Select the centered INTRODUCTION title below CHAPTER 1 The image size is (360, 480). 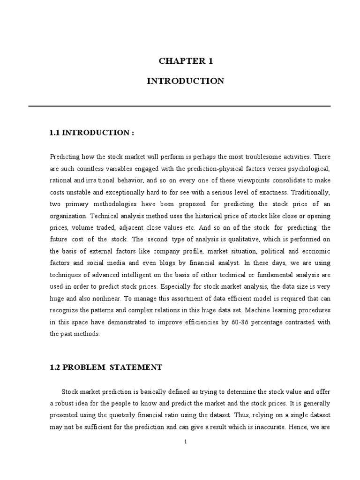(x=185, y=81)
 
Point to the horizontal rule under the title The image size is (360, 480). (x=180, y=106)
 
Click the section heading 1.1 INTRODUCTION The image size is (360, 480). (x=91, y=133)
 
